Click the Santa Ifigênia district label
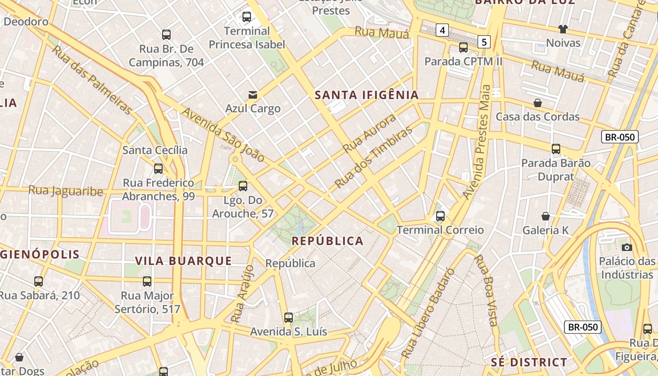point(366,95)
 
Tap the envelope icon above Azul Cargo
point(253,95)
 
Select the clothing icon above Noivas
point(563,29)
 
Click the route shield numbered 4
point(442,31)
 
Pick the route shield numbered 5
point(484,42)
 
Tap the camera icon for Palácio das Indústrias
point(627,247)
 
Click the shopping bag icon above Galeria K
point(546,216)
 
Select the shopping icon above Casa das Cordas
point(538,103)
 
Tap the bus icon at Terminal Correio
point(440,216)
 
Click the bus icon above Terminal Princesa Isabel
point(247,17)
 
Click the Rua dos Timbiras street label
point(374,157)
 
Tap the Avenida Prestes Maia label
point(477,141)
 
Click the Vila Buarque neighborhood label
point(183,261)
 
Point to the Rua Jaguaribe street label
point(66,191)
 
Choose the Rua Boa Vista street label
point(486,290)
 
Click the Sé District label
point(529,362)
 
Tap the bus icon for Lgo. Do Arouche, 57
point(243,186)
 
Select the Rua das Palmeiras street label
point(92,80)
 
